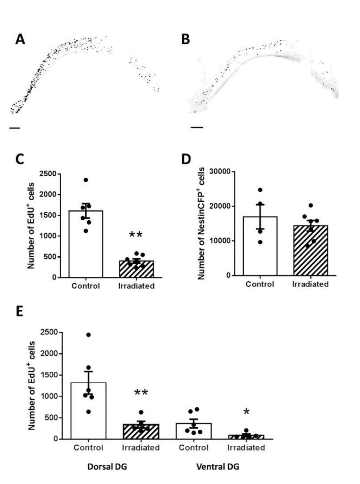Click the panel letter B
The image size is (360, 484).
(x=185, y=39)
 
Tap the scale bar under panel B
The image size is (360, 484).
(x=197, y=128)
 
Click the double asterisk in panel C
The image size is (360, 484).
(x=136, y=235)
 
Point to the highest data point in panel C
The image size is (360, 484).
(x=86, y=180)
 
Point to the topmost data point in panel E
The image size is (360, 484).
(x=88, y=335)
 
